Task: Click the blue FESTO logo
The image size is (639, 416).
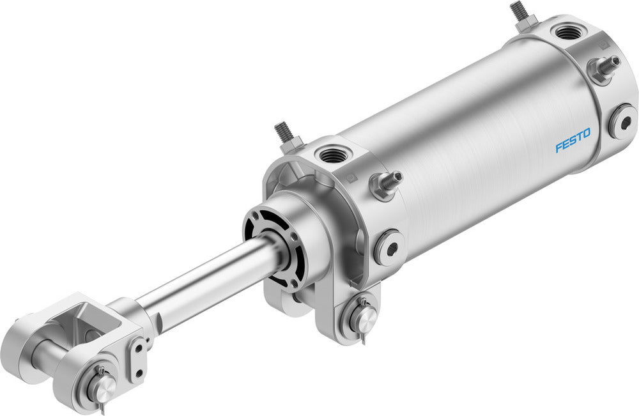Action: pos(573,141)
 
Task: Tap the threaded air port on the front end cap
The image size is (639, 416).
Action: pos(331,154)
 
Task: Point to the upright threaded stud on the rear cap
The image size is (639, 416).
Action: pos(518,14)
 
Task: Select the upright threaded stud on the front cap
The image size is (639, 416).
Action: pos(284,134)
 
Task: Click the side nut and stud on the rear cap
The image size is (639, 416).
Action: pos(604,67)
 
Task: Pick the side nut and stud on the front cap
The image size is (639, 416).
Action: pos(385,184)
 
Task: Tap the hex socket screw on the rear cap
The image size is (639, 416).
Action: pos(622,121)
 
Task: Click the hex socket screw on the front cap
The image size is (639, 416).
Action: pos(389,246)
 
